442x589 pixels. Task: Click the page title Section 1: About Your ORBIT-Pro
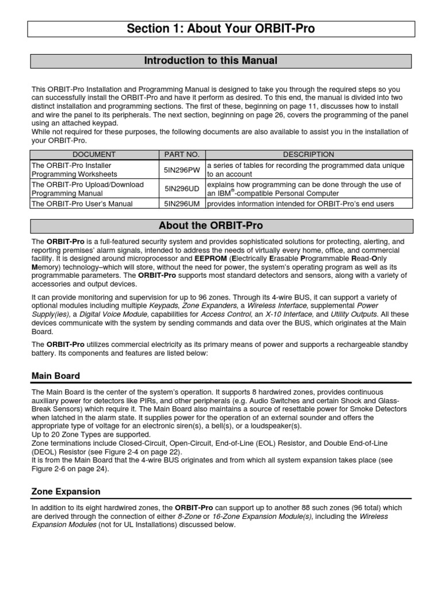222,29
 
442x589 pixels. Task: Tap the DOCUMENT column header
94,154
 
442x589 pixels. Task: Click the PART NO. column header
181,154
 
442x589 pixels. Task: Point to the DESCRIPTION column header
308,154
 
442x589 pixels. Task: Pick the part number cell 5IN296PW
181,170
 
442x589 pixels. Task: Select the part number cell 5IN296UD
181,189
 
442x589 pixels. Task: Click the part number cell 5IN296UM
181,204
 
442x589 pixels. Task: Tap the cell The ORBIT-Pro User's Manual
82,204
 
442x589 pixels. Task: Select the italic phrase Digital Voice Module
114,314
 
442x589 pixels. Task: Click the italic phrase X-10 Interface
281,314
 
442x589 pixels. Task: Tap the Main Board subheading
56,376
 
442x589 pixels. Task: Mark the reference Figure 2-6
49,469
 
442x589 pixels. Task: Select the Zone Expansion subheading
66,492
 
